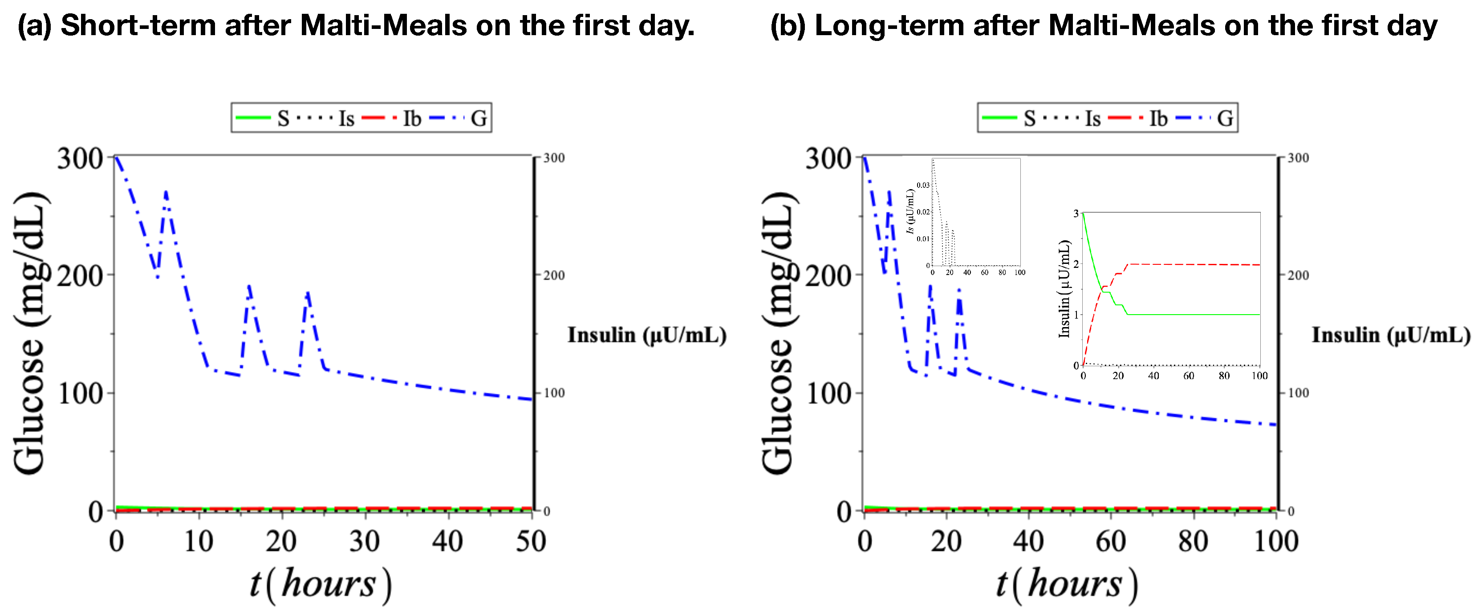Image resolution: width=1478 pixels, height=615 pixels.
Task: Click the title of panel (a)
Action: [x=356, y=26]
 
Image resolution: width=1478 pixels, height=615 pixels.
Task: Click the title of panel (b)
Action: [x=1103, y=26]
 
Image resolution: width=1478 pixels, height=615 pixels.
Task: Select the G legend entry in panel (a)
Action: [x=459, y=118]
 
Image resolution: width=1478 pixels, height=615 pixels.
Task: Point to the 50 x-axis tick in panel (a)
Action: [x=531, y=542]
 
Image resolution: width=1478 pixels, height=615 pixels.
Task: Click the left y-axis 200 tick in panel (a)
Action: [x=80, y=276]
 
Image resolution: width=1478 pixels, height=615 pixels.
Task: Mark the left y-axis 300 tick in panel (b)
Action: [x=828, y=158]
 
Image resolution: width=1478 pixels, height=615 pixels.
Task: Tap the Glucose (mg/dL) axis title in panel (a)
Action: [x=30, y=333]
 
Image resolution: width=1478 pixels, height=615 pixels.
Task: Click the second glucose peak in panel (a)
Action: [x=249, y=285]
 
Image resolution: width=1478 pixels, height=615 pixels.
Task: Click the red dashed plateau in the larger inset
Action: [x=1194, y=264]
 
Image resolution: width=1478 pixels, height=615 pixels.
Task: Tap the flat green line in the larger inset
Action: [x=1194, y=314]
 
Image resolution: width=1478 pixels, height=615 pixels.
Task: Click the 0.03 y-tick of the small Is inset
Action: [x=922, y=185]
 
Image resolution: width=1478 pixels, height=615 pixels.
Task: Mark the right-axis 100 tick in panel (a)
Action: [x=554, y=393]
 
